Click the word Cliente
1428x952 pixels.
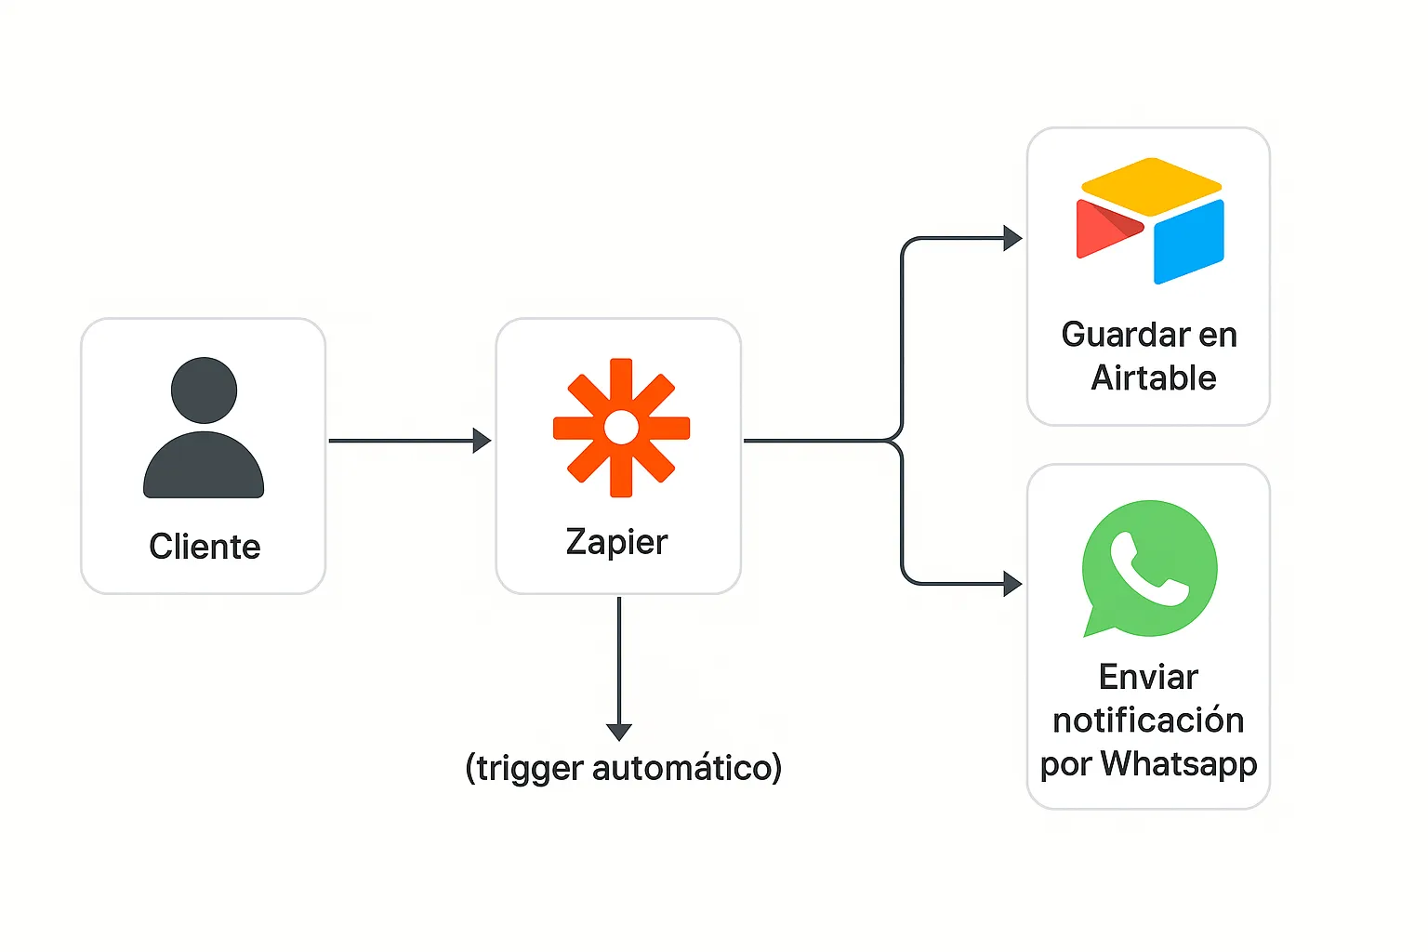tap(205, 547)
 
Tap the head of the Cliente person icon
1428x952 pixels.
tap(204, 390)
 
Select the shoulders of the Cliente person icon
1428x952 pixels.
tap(204, 465)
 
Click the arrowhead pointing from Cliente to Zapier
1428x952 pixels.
tap(482, 441)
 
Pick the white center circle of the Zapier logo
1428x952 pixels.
tap(621, 428)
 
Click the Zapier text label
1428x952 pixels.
tap(616, 543)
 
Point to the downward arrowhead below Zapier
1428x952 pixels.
tap(619, 733)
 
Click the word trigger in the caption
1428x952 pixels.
tap(530, 768)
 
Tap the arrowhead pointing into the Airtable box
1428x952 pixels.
tap(1013, 238)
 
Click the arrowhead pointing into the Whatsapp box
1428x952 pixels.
tap(1013, 584)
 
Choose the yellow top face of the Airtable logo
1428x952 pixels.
tap(1151, 187)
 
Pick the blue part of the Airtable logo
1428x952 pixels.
tap(1190, 242)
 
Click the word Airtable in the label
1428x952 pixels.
tap(1154, 377)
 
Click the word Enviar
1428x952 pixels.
tap(1148, 677)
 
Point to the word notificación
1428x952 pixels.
tap(1148, 721)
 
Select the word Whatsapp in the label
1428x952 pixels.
tap(1179, 764)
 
